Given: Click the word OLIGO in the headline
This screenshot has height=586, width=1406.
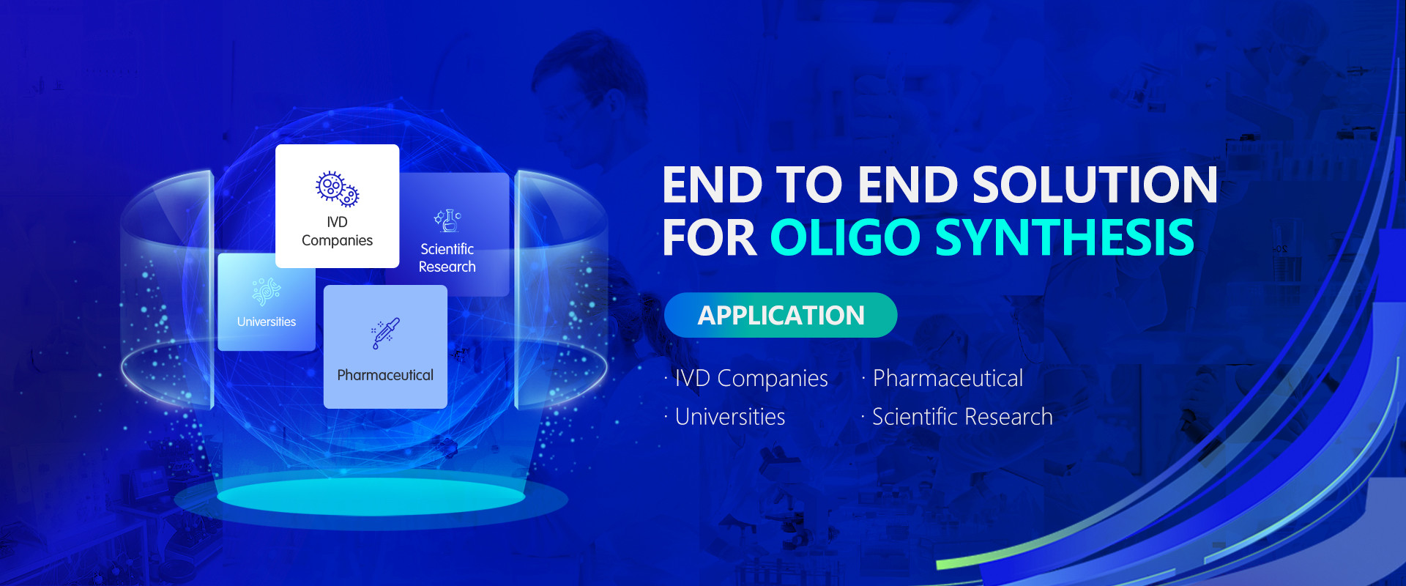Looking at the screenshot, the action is [x=845, y=237].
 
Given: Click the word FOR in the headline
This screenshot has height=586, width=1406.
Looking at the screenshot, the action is [x=710, y=237].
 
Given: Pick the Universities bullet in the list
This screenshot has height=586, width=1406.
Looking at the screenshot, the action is [x=725, y=417].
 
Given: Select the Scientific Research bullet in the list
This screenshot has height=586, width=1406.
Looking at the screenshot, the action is [x=957, y=417].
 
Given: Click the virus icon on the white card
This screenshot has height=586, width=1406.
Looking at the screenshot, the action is [x=337, y=189].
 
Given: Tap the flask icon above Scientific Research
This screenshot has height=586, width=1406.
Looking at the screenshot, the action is [x=447, y=220].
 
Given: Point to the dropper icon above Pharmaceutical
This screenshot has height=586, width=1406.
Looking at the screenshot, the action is [x=385, y=333].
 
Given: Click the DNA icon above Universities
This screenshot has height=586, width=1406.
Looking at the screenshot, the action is [x=266, y=292].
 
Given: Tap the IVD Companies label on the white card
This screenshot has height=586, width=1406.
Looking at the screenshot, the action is [x=337, y=231].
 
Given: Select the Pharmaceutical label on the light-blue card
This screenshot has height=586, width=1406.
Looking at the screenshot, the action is [x=385, y=375].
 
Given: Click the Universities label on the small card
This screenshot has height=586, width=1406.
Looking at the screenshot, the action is [x=267, y=322].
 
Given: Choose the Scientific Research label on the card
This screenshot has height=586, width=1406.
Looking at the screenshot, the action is [x=447, y=258].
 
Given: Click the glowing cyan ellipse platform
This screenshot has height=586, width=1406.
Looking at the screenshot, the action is [x=371, y=497].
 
